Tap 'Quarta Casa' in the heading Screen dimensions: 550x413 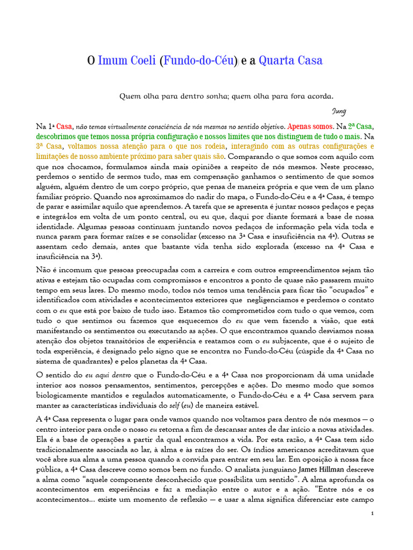point(290,60)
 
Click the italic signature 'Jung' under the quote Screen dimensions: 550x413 point(339,111)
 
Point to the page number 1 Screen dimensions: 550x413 point(372,514)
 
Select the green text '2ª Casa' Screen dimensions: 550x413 point(360,127)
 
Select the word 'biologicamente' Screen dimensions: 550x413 point(61,395)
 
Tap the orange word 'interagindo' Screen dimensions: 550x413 point(255,147)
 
